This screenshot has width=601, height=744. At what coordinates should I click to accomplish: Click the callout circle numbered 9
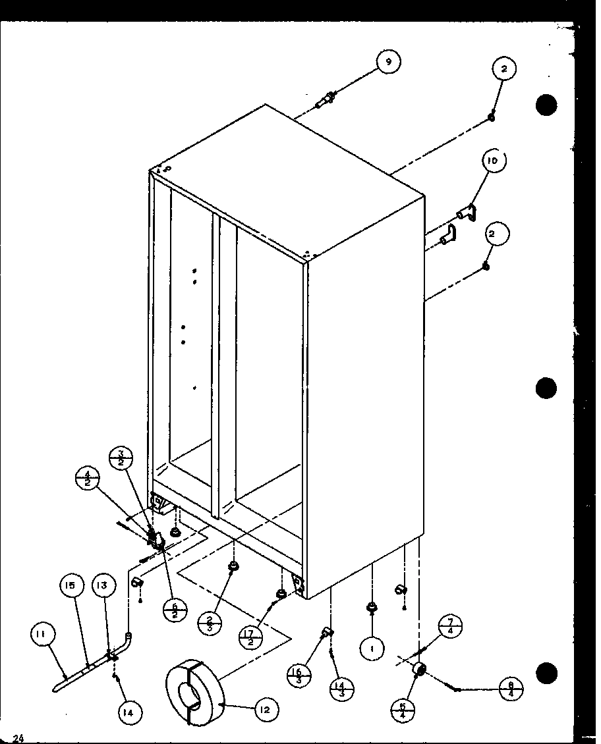(388, 62)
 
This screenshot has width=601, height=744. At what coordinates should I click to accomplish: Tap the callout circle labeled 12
(265, 710)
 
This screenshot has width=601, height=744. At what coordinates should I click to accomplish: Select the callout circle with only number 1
(372, 649)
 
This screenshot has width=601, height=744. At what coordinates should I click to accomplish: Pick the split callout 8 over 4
(511, 689)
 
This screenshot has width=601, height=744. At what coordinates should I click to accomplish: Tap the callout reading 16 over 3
(300, 676)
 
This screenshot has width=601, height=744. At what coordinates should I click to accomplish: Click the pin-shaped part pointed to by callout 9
(327, 101)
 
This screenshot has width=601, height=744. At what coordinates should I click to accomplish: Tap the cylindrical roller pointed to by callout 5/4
(417, 670)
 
